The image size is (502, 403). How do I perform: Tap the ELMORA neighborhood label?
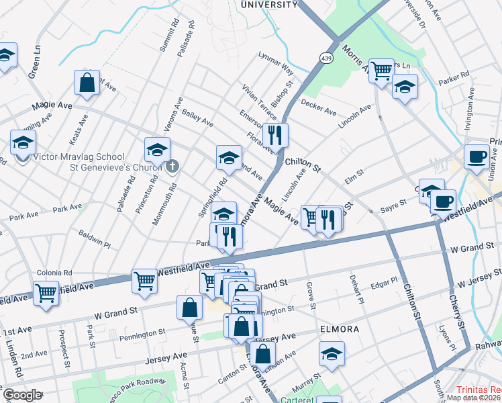340,330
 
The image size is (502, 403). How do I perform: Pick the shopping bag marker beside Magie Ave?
87,84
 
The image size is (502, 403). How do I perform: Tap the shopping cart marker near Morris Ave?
381,70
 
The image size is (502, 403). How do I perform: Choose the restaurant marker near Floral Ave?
275,136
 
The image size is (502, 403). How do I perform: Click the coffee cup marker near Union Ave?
476,156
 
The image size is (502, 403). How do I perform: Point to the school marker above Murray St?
332,353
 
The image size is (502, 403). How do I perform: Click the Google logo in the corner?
22,395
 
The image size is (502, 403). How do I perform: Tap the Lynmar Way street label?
277,63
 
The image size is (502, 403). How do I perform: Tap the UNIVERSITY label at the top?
268,5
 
